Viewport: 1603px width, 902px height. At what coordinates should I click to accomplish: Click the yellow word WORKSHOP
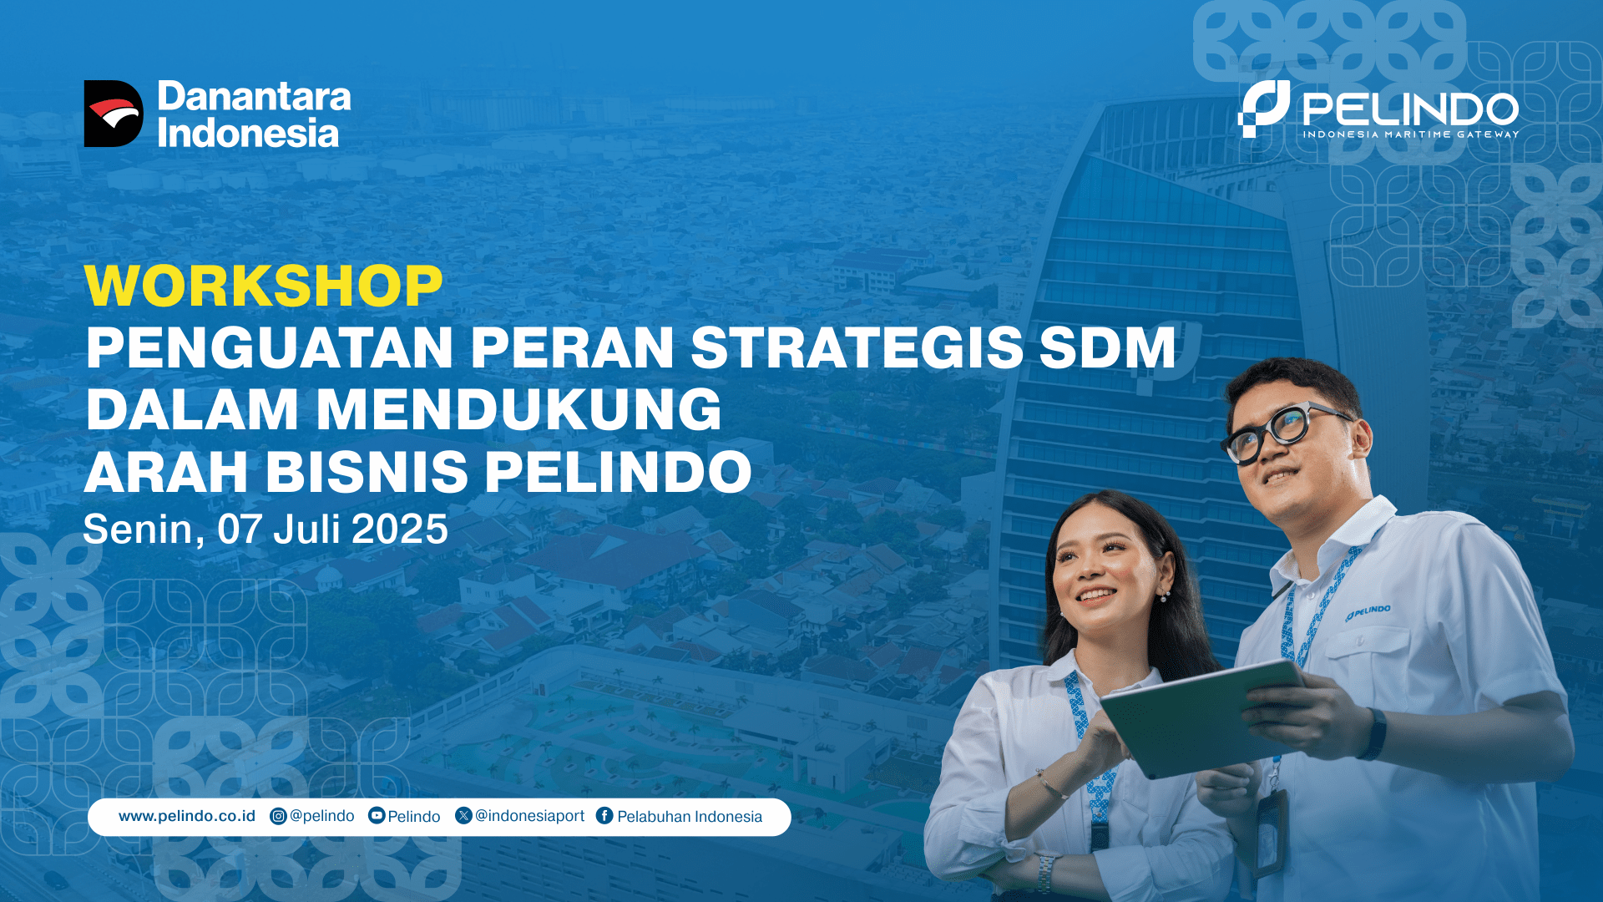click(263, 286)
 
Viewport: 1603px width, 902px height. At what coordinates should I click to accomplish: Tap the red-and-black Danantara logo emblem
click(114, 114)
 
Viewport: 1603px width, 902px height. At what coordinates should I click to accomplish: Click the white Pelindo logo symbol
click(1264, 109)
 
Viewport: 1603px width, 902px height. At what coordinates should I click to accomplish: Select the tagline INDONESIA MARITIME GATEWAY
click(1411, 134)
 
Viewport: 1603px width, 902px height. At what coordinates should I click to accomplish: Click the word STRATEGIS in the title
click(857, 347)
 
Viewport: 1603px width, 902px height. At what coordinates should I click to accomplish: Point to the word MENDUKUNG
click(518, 410)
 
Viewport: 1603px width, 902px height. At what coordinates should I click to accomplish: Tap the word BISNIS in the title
click(367, 473)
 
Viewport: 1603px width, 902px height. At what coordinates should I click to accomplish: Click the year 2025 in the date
click(400, 530)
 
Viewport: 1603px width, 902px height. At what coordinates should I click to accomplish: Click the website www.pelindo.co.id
click(187, 816)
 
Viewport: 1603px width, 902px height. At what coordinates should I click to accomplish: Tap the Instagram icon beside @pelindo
click(278, 817)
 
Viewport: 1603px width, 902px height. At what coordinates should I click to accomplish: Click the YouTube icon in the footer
click(377, 816)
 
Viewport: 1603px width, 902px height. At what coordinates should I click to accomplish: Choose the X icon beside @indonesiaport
click(463, 815)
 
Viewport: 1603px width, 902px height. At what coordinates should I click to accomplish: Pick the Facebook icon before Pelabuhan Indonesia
click(604, 816)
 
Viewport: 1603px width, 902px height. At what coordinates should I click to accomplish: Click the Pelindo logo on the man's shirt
click(1368, 613)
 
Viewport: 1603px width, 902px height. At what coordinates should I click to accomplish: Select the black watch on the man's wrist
click(1373, 734)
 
